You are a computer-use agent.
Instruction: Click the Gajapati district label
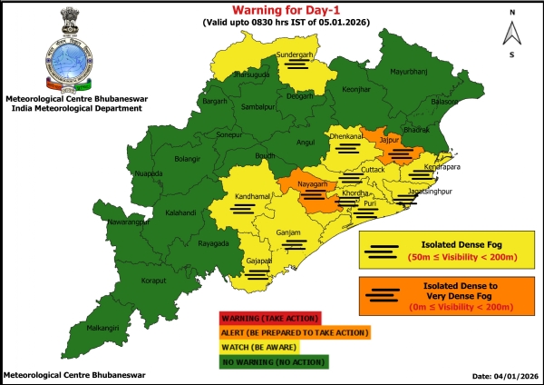[259, 261]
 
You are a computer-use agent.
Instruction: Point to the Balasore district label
[444, 102]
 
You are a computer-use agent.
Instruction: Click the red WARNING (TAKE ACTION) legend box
[268, 318]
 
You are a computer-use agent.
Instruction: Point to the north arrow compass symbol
[512, 34]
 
